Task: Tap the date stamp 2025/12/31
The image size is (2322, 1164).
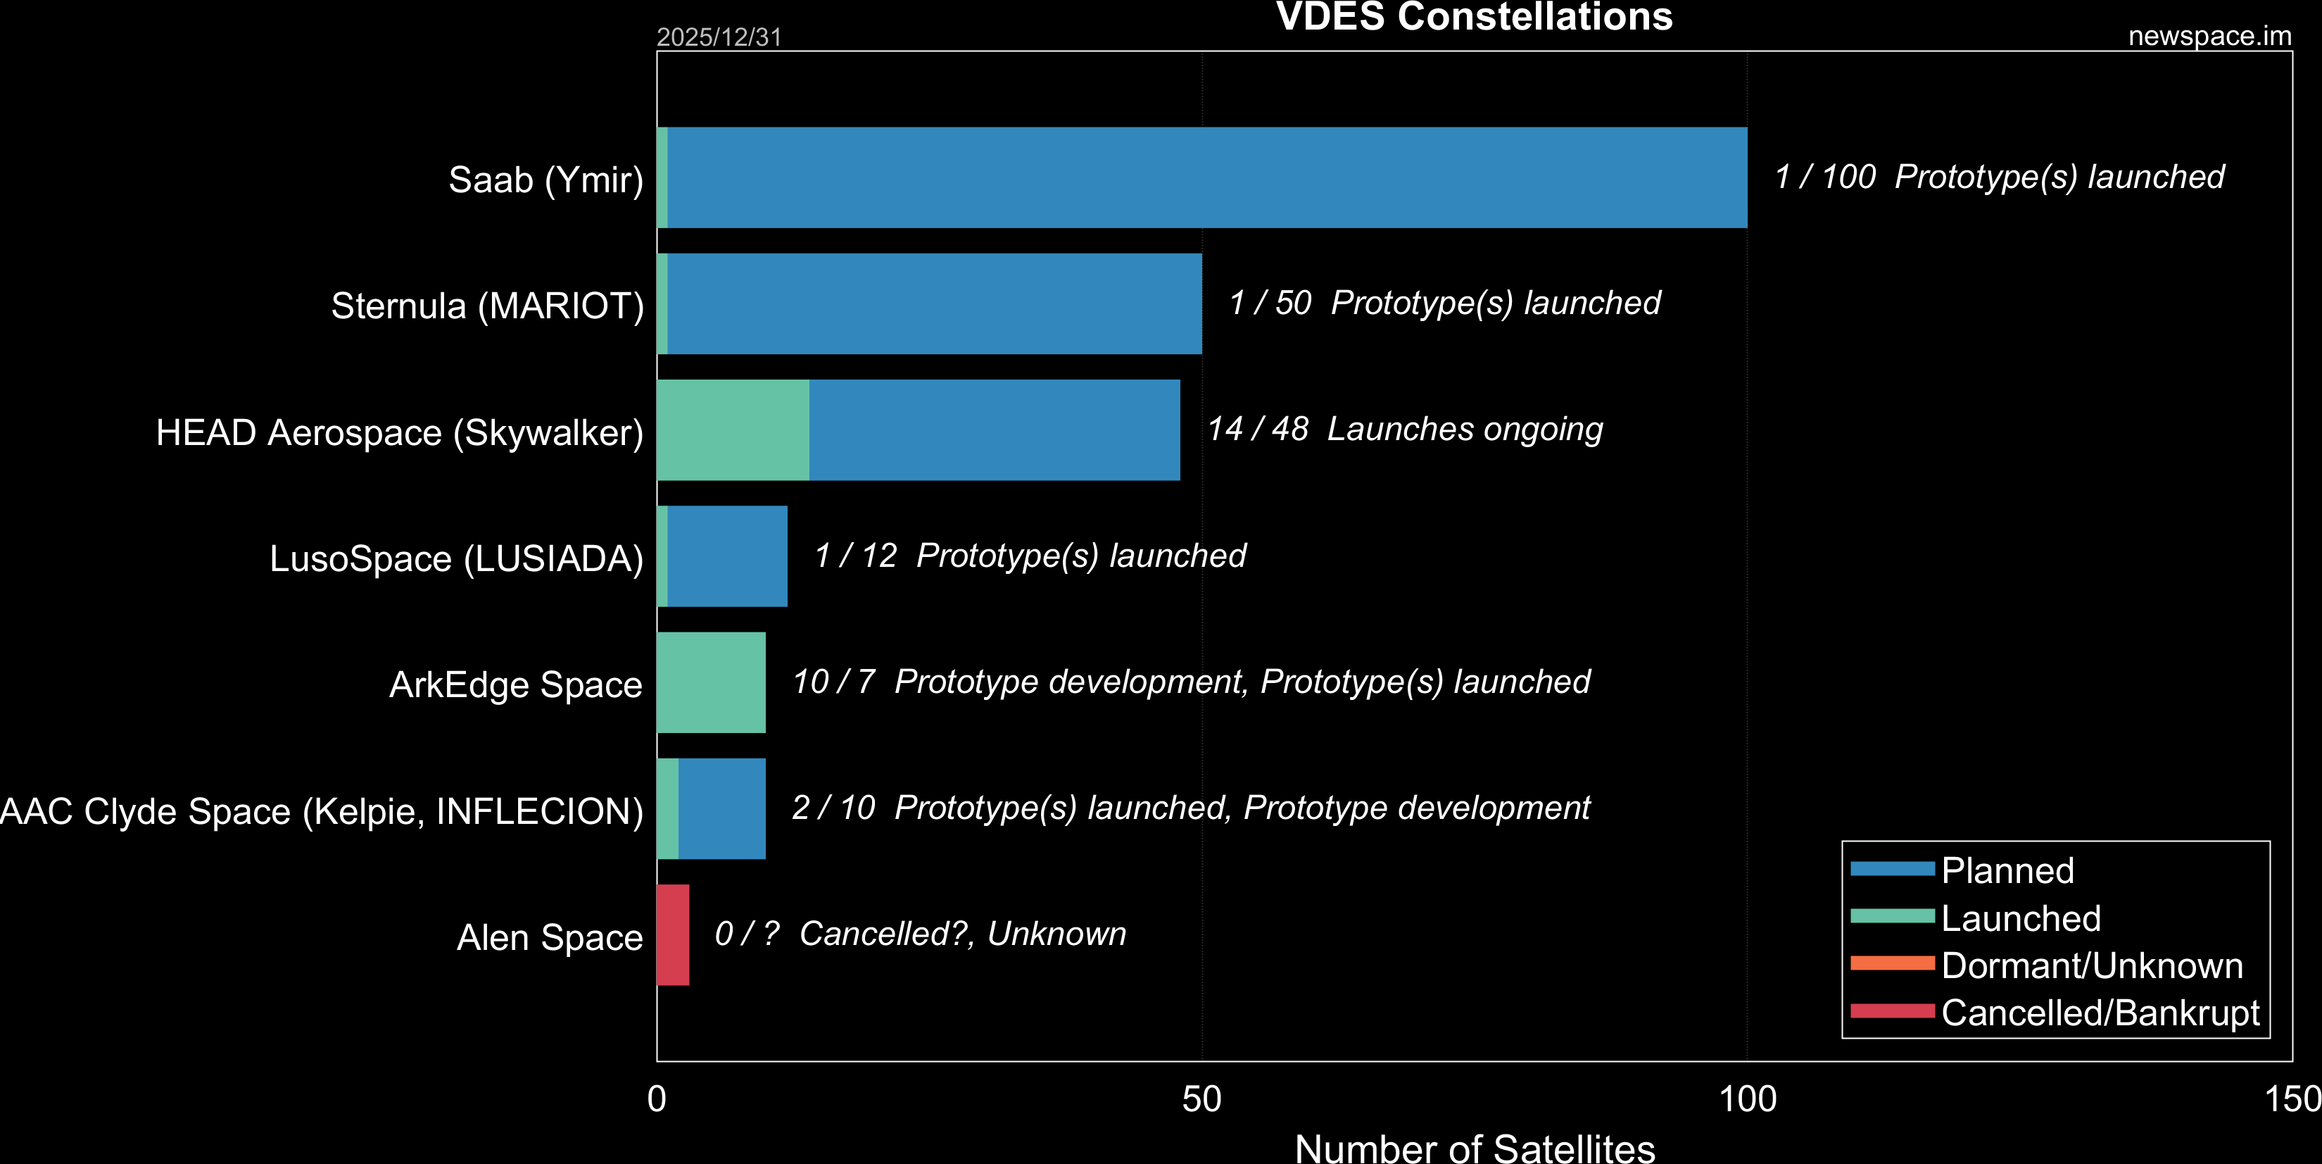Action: pos(719,37)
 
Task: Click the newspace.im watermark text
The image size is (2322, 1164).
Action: pos(2209,36)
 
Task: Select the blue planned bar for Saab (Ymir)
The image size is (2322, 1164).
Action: pos(1207,177)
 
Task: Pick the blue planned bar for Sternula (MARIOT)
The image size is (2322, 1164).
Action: pos(934,303)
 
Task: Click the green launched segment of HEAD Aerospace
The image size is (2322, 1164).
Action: pos(733,430)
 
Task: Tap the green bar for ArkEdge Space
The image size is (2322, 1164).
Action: pos(711,682)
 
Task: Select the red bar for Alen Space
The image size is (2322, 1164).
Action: pos(672,935)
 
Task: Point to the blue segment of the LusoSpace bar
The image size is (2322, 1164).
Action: pos(726,556)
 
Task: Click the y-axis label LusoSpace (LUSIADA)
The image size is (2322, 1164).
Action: pos(456,559)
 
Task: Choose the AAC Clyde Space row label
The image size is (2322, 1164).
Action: pos(322,811)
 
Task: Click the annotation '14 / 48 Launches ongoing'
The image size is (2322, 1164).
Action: pos(1404,429)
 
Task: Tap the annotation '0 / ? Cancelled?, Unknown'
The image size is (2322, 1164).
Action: pos(919,934)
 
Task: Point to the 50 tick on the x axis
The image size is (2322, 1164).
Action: pos(1201,1099)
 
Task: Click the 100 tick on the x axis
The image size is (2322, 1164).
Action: pos(1747,1099)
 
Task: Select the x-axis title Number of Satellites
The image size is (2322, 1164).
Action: pos(1474,1148)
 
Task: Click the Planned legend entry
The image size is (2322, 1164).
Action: pos(2007,871)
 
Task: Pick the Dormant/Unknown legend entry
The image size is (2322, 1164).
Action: pos(2091,965)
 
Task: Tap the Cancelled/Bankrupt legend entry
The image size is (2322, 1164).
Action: pos(2100,1013)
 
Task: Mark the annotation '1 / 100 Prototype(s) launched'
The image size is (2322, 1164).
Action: pos(1998,177)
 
